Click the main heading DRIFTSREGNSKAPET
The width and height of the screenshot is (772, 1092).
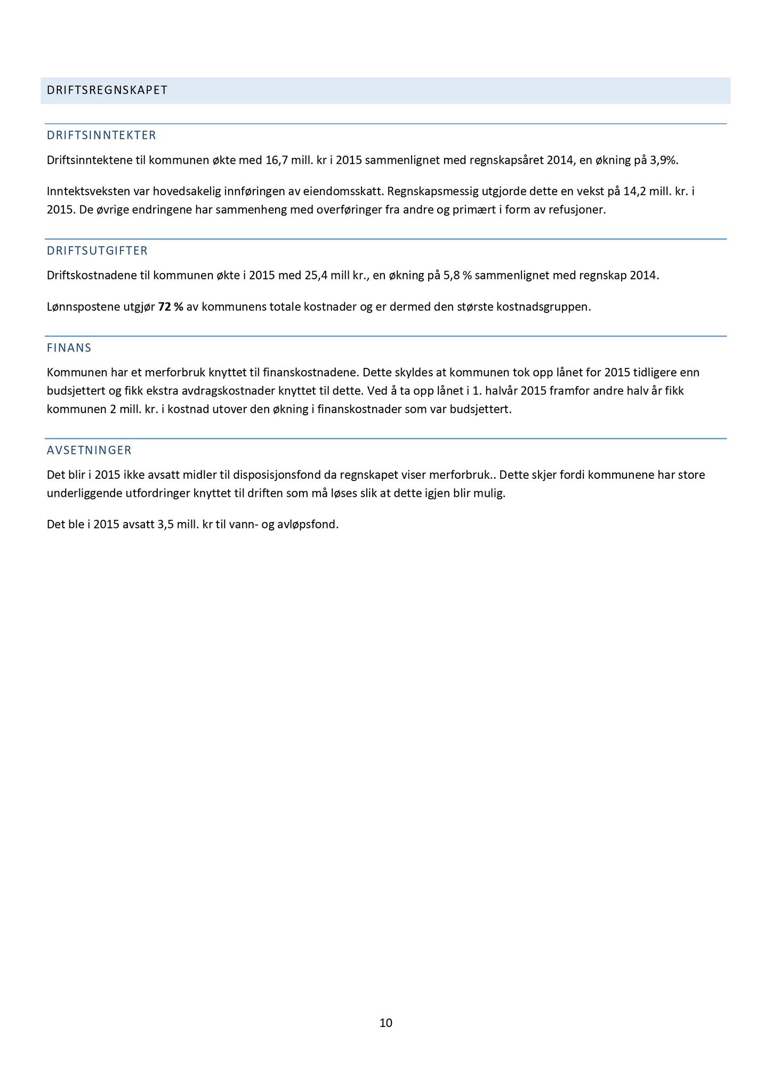click(107, 90)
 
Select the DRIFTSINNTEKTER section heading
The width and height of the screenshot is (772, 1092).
click(101, 135)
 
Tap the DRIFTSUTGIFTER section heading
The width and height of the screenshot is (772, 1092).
click(97, 251)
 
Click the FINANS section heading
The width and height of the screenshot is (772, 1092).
click(69, 348)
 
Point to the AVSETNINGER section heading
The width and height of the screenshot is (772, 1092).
click(89, 450)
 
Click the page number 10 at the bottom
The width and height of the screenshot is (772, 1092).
click(386, 1023)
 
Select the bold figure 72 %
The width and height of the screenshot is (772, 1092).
click(171, 307)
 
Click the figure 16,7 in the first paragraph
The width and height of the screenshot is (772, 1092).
click(276, 160)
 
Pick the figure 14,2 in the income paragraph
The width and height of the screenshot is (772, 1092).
click(634, 191)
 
